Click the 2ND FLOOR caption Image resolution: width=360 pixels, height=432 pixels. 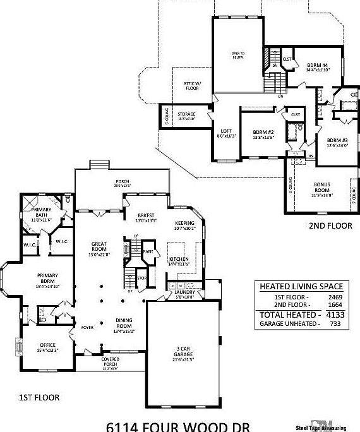coord(330,225)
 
